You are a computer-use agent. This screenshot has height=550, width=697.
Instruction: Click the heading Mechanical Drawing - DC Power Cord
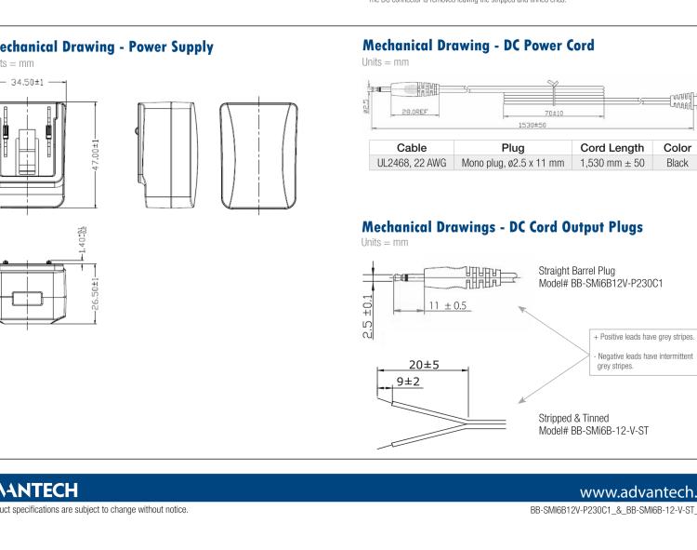(x=478, y=45)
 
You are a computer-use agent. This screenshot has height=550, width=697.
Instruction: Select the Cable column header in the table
(x=411, y=148)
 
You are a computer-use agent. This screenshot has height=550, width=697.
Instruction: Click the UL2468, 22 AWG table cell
(x=411, y=163)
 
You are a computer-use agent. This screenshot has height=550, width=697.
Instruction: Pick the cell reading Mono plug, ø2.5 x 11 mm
(x=512, y=163)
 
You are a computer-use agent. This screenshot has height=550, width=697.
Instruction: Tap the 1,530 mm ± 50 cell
(x=612, y=163)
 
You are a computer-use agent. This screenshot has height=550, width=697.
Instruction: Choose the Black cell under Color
(x=677, y=163)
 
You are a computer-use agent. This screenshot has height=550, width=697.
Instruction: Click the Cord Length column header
(x=612, y=148)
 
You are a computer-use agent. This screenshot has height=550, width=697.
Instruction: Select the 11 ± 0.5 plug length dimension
(x=447, y=306)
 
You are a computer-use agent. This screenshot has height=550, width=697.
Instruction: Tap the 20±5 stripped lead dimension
(x=424, y=365)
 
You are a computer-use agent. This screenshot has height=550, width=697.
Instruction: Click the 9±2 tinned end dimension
(x=408, y=382)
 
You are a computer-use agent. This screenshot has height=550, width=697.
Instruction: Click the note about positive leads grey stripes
(x=644, y=338)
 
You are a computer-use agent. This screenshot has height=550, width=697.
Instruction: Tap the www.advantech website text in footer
(x=637, y=491)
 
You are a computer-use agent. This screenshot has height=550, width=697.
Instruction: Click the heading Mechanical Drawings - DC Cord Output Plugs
(x=502, y=227)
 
